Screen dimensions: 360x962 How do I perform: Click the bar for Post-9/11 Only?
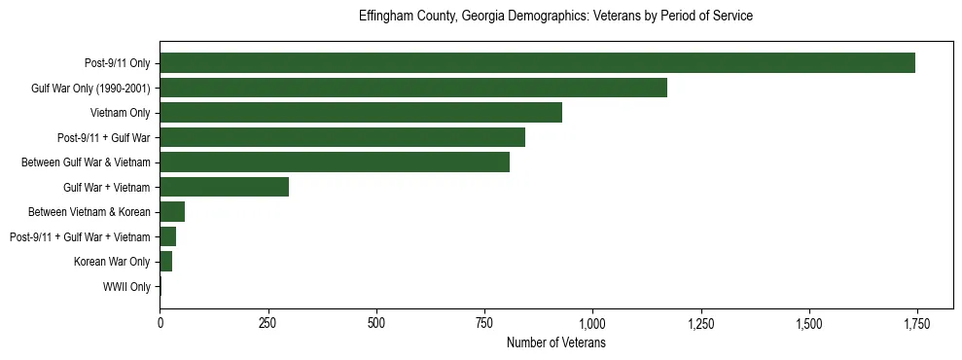(537, 63)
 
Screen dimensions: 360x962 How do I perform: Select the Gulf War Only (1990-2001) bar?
(413, 89)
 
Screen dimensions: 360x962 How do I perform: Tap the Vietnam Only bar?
(361, 113)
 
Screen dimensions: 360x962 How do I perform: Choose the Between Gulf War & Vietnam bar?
(335, 162)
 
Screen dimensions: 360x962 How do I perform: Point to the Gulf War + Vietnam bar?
(224, 187)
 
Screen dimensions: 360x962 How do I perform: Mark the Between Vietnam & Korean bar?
(172, 212)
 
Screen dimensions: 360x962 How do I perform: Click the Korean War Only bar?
(166, 262)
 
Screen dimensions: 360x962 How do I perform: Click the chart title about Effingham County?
(555, 17)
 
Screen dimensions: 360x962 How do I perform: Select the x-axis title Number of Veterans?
(556, 343)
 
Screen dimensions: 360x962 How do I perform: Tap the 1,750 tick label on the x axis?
(915, 324)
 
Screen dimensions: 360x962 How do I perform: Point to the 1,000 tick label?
(591, 324)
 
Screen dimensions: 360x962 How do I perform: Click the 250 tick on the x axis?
(267, 324)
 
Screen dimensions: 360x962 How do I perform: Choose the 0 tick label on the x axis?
(160, 324)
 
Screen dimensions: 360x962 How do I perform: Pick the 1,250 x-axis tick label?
(699, 324)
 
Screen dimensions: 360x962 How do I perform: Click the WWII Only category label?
(126, 287)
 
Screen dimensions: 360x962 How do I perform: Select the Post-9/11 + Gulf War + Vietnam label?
(80, 237)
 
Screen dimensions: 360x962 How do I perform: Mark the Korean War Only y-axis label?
(112, 262)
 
